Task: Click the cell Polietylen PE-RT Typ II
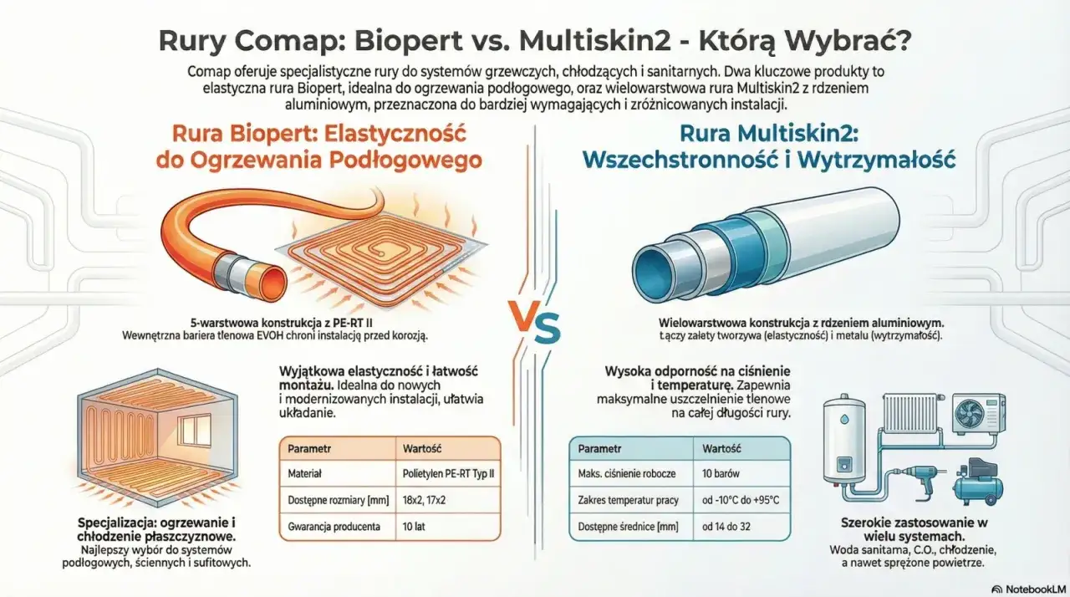pyautogui.click(x=449, y=473)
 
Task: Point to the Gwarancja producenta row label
pyautogui.click(x=334, y=527)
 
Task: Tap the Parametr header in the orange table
pyautogui.click(x=309, y=448)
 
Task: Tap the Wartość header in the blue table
pyautogui.click(x=721, y=447)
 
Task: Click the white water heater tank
pyautogui.click(x=847, y=451)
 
